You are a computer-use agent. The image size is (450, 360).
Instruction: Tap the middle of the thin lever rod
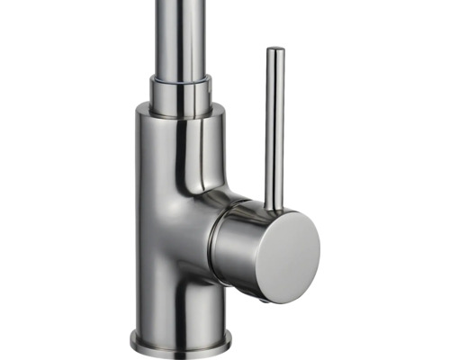click(x=275, y=126)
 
